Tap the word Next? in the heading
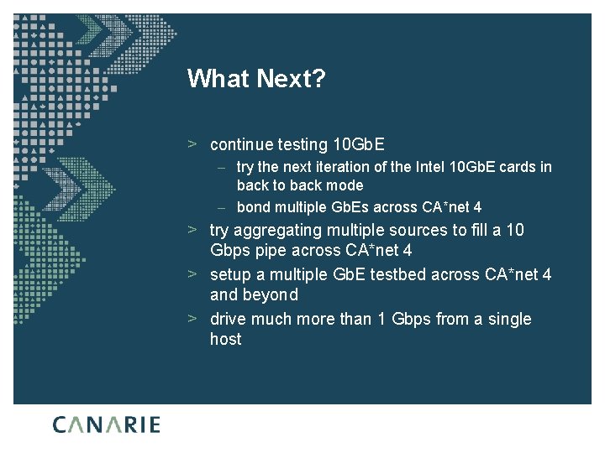(288, 79)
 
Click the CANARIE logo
(107, 424)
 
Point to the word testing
(302, 144)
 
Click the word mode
(345, 185)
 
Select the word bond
(253, 207)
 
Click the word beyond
(270, 295)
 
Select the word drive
(229, 319)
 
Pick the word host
(226, 339)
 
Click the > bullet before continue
(192, 144)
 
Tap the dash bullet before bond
(220, 207)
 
